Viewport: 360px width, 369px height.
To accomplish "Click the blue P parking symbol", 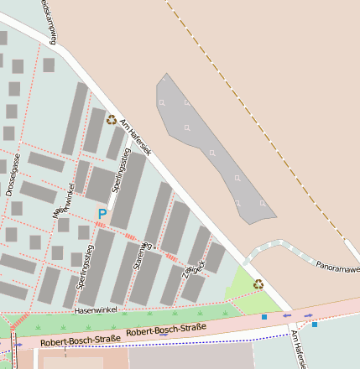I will pyautogui.click(x=102, y=214).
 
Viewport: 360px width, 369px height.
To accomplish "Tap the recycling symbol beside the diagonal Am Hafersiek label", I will pyautogui.click(x=111, y=119).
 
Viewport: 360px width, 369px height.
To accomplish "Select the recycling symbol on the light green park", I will pyautogui.click(x=258, y=283).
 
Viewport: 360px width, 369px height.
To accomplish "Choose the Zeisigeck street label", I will pyautogui.click(x=194, y=267).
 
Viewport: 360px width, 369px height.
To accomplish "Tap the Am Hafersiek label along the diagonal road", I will pyautogui.click(x=135, y=138).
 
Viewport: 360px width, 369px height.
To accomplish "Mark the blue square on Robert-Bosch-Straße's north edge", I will pyautogui.click(x=264, y=317).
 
